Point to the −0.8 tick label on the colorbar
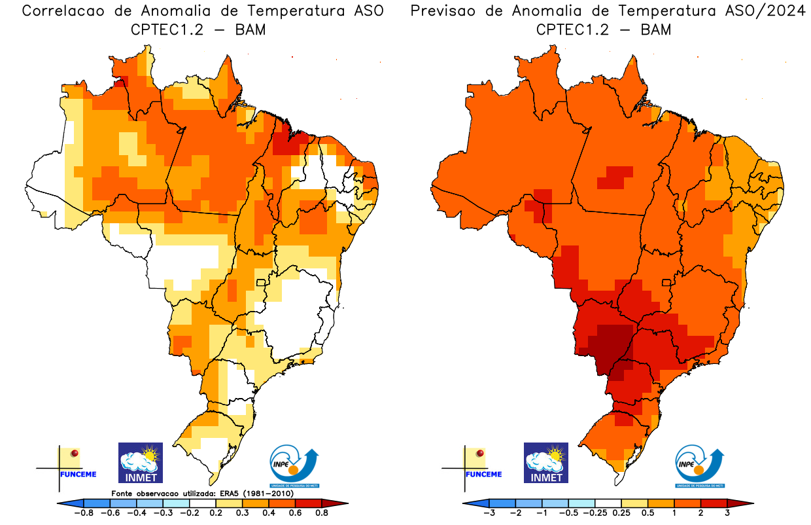pos(84,513)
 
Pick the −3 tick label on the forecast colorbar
pos(489,513)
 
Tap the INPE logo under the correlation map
pos(294,466)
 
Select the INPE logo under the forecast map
pos(699,466)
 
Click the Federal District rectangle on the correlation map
pos(261,283)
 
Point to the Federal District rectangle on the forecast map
pos(667,283)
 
